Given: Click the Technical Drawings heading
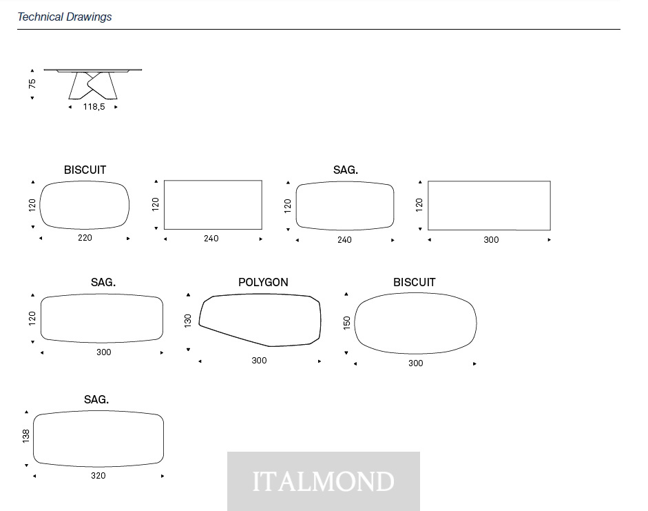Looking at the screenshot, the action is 65,17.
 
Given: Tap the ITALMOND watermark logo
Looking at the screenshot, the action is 324,481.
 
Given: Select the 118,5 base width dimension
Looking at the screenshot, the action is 94,107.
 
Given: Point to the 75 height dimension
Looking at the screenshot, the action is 32,83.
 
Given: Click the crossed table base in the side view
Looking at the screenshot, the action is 93,86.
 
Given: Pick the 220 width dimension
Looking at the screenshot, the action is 85,238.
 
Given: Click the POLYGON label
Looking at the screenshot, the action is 263,282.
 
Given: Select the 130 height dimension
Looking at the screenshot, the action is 188,321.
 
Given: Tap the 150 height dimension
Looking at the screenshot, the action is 347,323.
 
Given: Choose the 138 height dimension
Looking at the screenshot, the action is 26,436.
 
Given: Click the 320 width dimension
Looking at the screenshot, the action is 98,476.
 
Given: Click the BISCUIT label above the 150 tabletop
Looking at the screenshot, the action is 415,282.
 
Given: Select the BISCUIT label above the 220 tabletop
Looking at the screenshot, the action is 85,170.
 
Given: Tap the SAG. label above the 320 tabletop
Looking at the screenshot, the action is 96,399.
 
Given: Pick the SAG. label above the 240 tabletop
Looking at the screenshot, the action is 346,170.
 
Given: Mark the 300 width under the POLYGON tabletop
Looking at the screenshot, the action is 259,361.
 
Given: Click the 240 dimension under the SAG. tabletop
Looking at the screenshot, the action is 344,240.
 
